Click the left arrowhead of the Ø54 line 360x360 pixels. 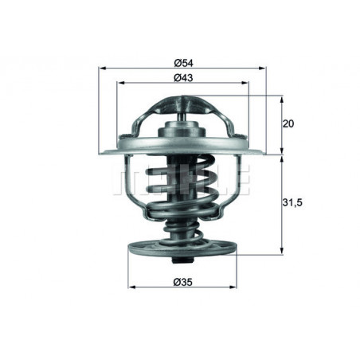pyautogui.click(x=101, y=70)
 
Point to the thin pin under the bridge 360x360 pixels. pyautogui.click(x=182, y=119)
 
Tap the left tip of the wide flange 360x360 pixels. pyautogui.click(x=100, y=151)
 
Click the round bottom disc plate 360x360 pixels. pyautogui.click(x=182, y=248)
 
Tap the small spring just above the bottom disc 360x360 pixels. pyautogui.click(x=182, y=232)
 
